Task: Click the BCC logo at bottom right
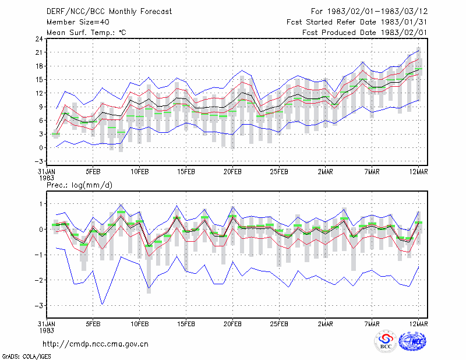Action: pyautogui.click(x=386, y=341)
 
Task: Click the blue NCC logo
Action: pyautogui.click(x=412, y=341)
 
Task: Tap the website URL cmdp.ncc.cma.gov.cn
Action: pyautogui.click(x=96, y=344)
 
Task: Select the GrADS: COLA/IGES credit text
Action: pyautogui.click(x=26, y=357)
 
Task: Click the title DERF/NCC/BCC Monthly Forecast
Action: pyautogui.click(x=109, y=12)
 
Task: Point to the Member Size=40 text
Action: pyautogui.click(x=78, y=22)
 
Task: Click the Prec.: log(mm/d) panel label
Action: pyautogui.click(x=79, y=185)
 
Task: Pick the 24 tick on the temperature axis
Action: pyautogui.click(x=39, y=39)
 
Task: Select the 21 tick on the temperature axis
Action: pyautogui.click(x=39, y=52)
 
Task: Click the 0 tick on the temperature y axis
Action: pyautogui.click(x=41, y=148)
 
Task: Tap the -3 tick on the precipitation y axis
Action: pyautogui.click(x=39, y=306)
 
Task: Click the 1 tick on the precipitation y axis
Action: pyautogui.click(x=41, y=204)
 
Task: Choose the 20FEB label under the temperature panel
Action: pyautogui.click(x=232, y=172)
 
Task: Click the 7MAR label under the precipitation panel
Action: pyautogui.click(x=372, y=324)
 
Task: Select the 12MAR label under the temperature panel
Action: pyautogui.click(x=419, y=172)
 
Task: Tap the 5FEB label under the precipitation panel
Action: pyautogui.click(x=93, y=324)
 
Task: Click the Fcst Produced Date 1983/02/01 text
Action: pyautogui.click(x=365, y=33)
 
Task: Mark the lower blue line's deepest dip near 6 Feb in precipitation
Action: pyautogui.click(x=103, y=305)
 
